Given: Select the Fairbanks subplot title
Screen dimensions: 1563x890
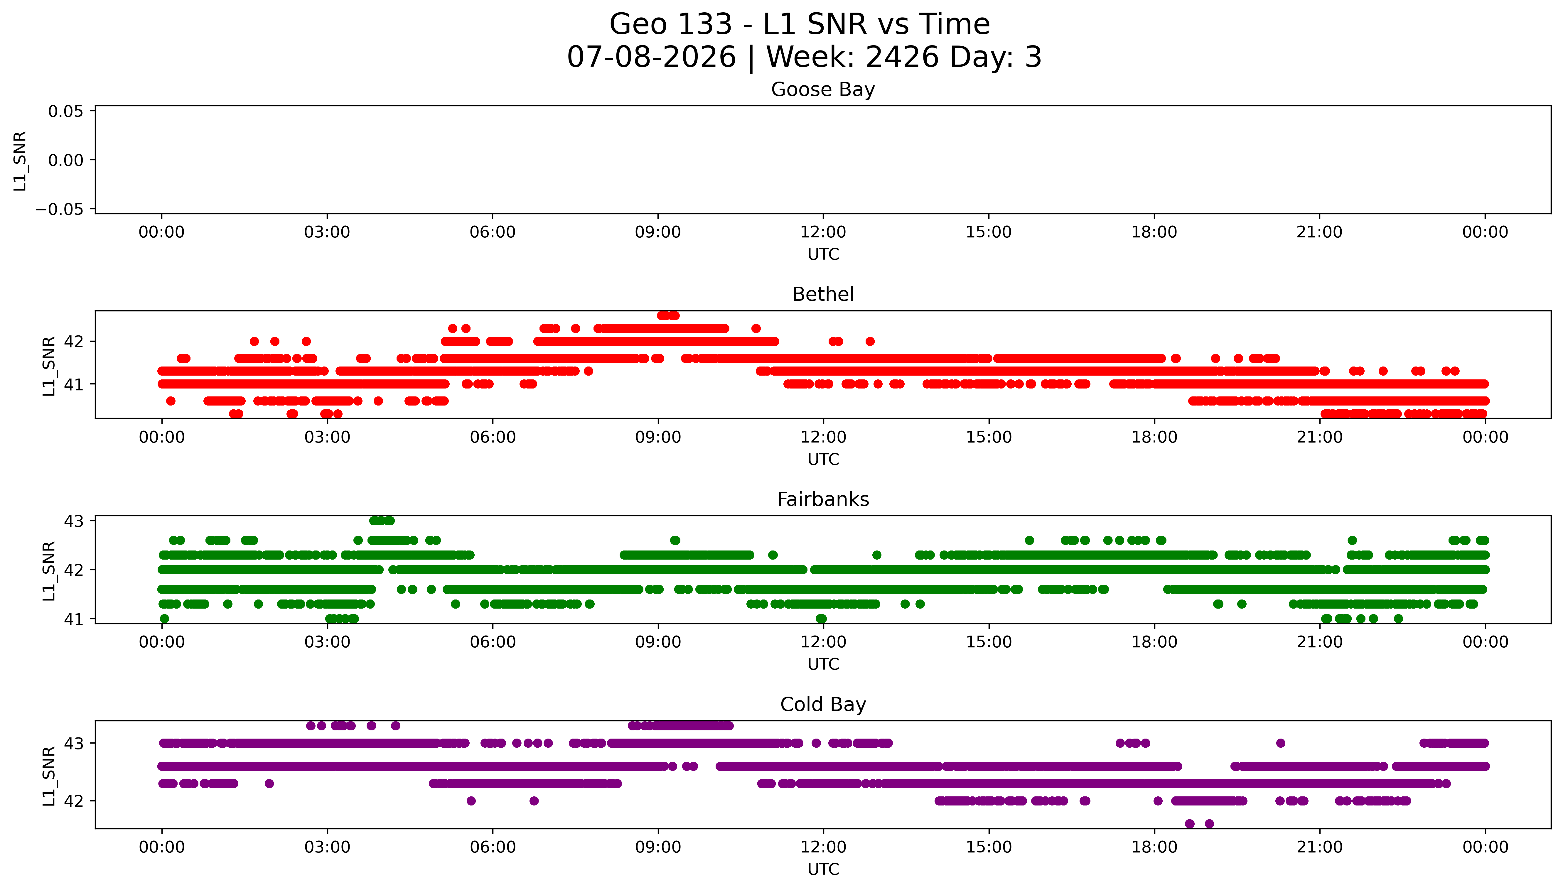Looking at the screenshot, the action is click(823, 499).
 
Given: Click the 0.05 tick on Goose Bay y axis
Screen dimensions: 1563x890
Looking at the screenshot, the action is click(66, 111).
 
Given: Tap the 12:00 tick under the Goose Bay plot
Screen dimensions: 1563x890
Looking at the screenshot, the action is click(823, 232).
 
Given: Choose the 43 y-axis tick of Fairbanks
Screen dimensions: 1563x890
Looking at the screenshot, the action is click(73, 521).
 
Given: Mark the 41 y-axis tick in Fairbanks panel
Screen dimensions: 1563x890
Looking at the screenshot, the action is click(73, 619).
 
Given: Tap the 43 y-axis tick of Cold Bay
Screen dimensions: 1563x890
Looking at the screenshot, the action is click(73, 743).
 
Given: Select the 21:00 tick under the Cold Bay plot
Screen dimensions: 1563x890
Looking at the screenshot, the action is click(1320, 847).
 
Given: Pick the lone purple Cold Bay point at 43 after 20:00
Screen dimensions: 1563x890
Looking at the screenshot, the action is click(1281, 743).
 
